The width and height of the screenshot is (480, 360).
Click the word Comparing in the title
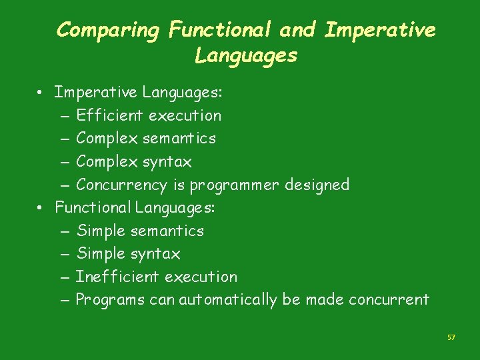[109, 31]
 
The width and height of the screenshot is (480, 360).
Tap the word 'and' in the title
[299, 30]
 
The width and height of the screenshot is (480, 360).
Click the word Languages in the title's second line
[246, 56]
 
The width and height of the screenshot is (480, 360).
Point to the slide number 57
[451, 338]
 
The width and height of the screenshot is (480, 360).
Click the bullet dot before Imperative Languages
[41, 93]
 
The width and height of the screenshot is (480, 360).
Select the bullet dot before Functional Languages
[41, 208]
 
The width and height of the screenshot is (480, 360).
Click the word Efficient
[110, 115]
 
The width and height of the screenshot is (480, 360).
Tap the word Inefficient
[118, 277]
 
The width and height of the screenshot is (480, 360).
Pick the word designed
[317, 185]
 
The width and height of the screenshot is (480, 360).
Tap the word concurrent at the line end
[388, 300]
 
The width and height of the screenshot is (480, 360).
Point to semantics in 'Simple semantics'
[167, 231]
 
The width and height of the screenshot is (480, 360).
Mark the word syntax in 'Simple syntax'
[155, 254]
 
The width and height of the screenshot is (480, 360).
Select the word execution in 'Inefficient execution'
[201, 277]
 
